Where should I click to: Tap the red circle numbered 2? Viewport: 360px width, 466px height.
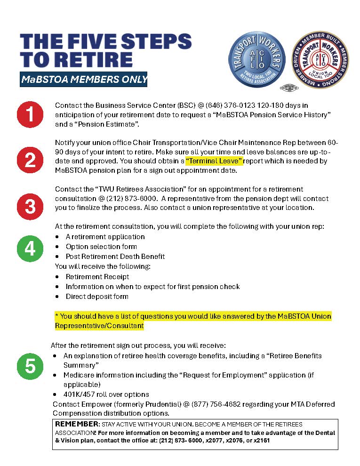coord(30,160)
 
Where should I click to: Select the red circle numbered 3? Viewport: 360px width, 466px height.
coord(30,206)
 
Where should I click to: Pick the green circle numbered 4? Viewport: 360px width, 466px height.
coord(30,248)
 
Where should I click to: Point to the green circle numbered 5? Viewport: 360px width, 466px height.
coord(30,366)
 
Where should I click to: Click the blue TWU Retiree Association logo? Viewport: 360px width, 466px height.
coord(257,60)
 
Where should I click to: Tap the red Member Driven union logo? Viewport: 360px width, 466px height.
coord(320,60)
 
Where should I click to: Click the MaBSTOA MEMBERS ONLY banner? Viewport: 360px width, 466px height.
coord(84,80)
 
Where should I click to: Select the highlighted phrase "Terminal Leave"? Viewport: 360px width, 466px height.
coord(214,161)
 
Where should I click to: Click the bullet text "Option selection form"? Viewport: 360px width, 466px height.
coord(101,247)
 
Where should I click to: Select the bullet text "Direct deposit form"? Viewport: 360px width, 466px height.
coord(97,297)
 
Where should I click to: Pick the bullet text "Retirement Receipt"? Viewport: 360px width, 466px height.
coord(97,277)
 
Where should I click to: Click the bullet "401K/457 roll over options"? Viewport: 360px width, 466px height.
coord(106,394)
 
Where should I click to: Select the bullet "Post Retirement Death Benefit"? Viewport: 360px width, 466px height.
coord(115,257)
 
